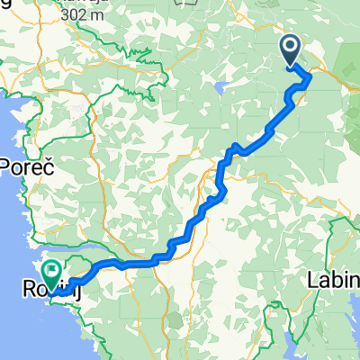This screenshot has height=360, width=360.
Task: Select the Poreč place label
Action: pyautogui.click(x=28, y=167)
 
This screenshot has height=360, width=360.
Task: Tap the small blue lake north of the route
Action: pyautogui.click(x=220, y=89)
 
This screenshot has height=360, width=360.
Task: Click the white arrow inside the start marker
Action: pyautogui.click(x=292, y=46)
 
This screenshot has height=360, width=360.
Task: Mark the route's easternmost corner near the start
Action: pyautogui.click(x=310, y=78)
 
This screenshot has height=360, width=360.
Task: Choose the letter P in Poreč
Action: pyautogui.click(x=8, y=167)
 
